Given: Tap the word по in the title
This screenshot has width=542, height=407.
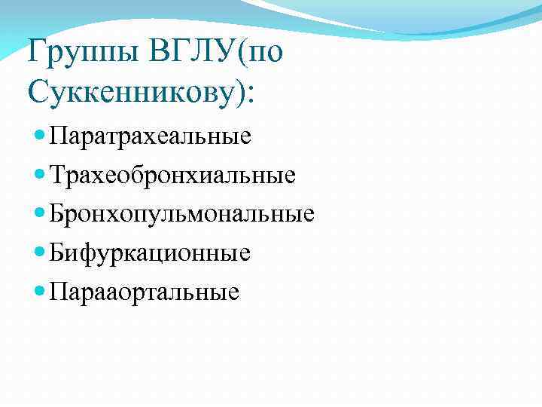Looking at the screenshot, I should click(x=266, y=55).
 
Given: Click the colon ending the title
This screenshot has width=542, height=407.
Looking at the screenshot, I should click(x=250, y=95).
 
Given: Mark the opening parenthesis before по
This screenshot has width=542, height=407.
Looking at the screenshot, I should click(x=242, y=54).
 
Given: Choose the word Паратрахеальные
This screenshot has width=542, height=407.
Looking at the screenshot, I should click(x=150, y=136).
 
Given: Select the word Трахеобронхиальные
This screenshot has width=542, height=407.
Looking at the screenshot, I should click(x=172, y=175).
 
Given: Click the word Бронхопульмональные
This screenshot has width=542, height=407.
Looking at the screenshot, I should click(x=181, y=214).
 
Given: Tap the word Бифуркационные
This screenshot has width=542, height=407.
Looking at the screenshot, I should click(x=150, y=252).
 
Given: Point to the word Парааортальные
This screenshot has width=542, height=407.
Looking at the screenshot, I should click(x=145, y=291).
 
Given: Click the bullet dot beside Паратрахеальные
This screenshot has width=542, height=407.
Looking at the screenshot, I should click(x=41, y=136).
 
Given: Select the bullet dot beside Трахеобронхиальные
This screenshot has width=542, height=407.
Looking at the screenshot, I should click(x=41, y=175).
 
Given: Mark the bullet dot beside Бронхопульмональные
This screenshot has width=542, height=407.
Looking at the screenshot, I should click(x=41, y=213).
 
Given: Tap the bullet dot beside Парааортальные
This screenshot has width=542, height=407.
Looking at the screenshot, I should click(x=41, y=291).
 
